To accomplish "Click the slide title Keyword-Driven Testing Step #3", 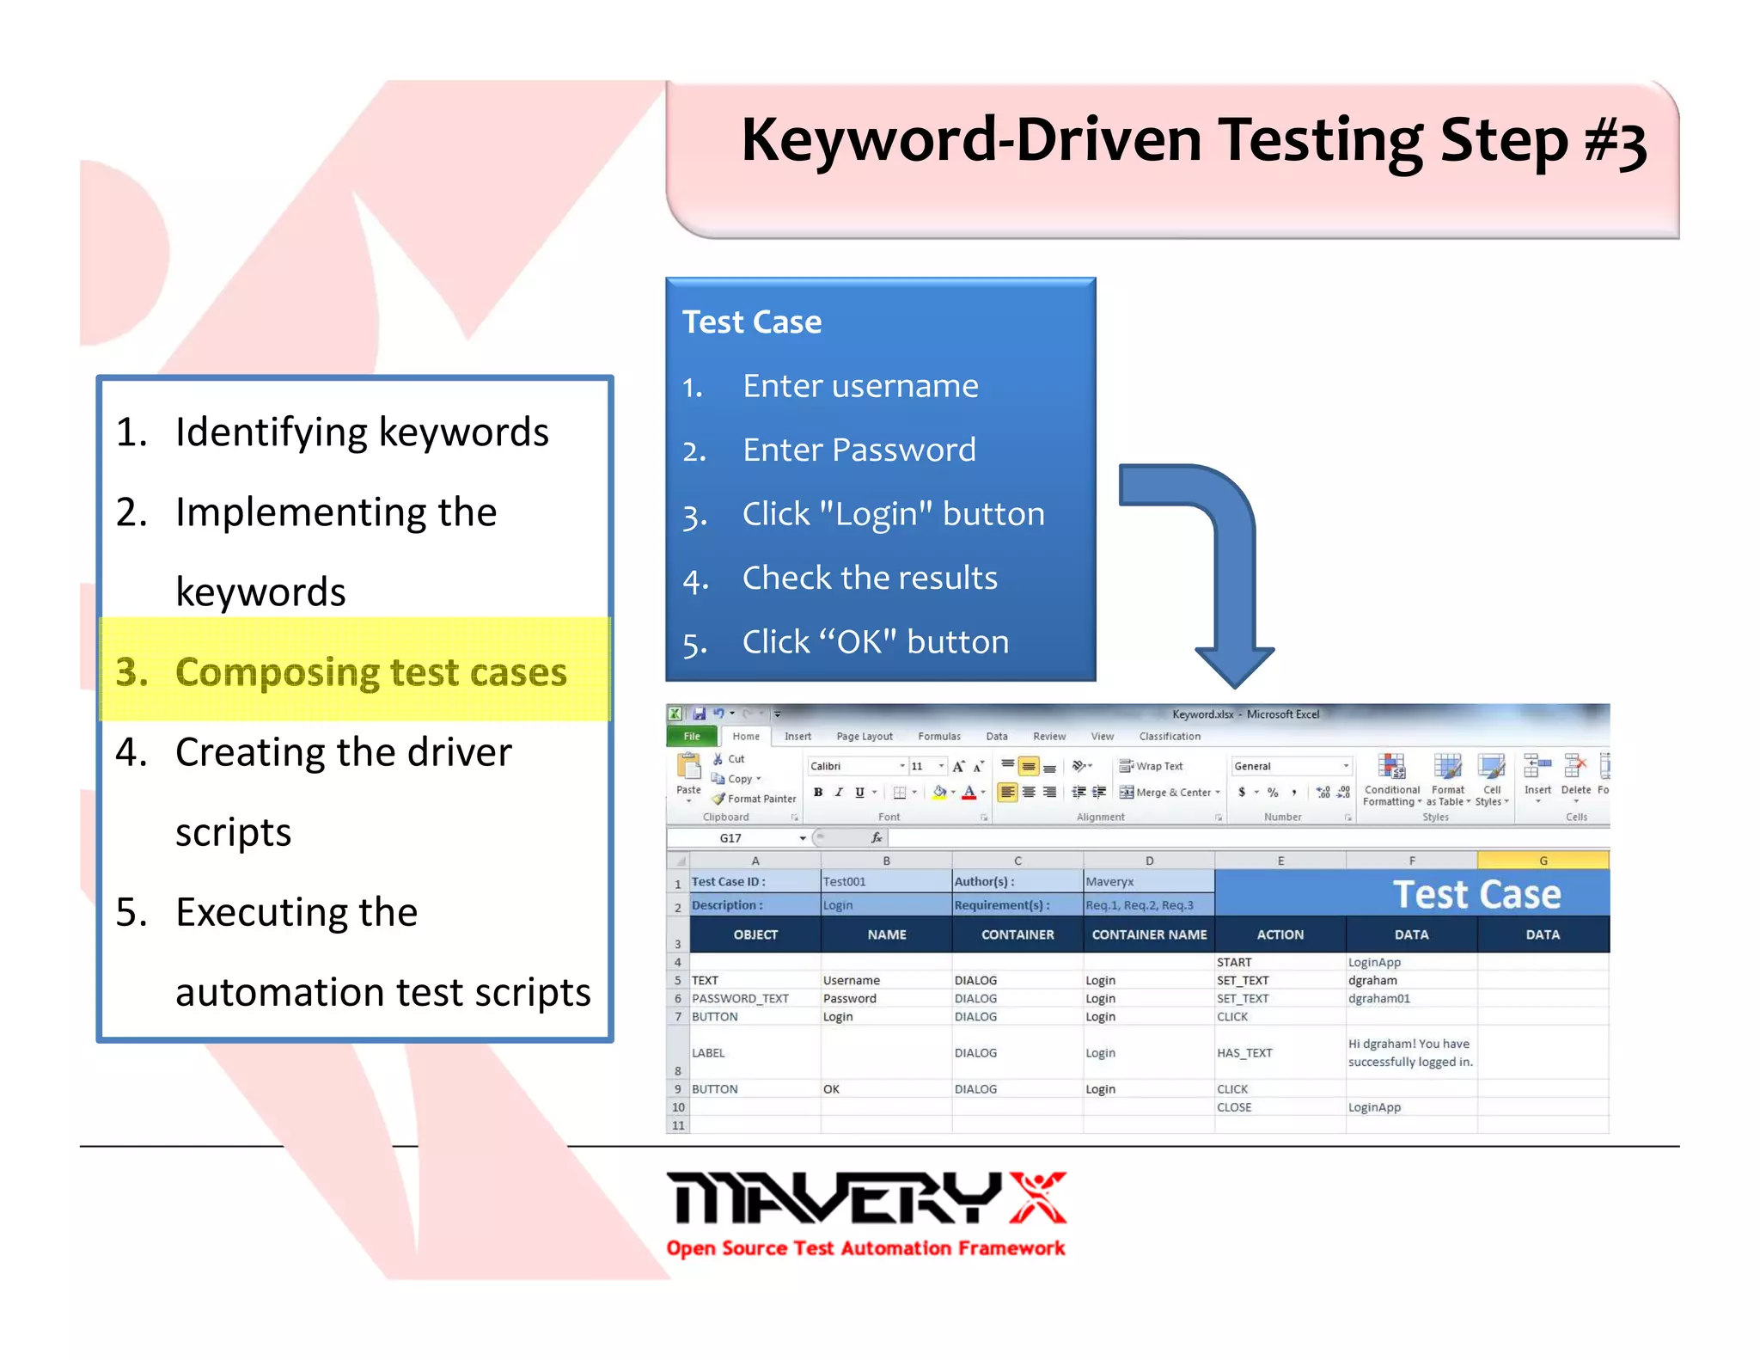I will click(1193, 142).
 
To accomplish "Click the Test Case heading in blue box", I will click(752, 322).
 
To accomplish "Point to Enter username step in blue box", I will click(859, 386).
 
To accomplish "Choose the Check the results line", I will click(869, 578).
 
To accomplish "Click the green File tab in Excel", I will click(692, 737).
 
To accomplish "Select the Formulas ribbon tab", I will click(938, 737).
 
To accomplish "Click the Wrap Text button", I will click(1152, 766).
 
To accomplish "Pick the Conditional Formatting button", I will click(1391, 779).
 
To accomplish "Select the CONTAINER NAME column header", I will click(1149, 934).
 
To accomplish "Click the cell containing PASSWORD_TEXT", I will click(740, 998).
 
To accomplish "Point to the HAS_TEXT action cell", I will click(1244, 1053).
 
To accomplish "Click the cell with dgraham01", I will click(1378, 998).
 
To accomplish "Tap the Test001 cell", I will click(846, 881).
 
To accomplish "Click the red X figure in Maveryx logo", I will click(1037, 1197).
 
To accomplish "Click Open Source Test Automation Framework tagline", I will click(865, 1248).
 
